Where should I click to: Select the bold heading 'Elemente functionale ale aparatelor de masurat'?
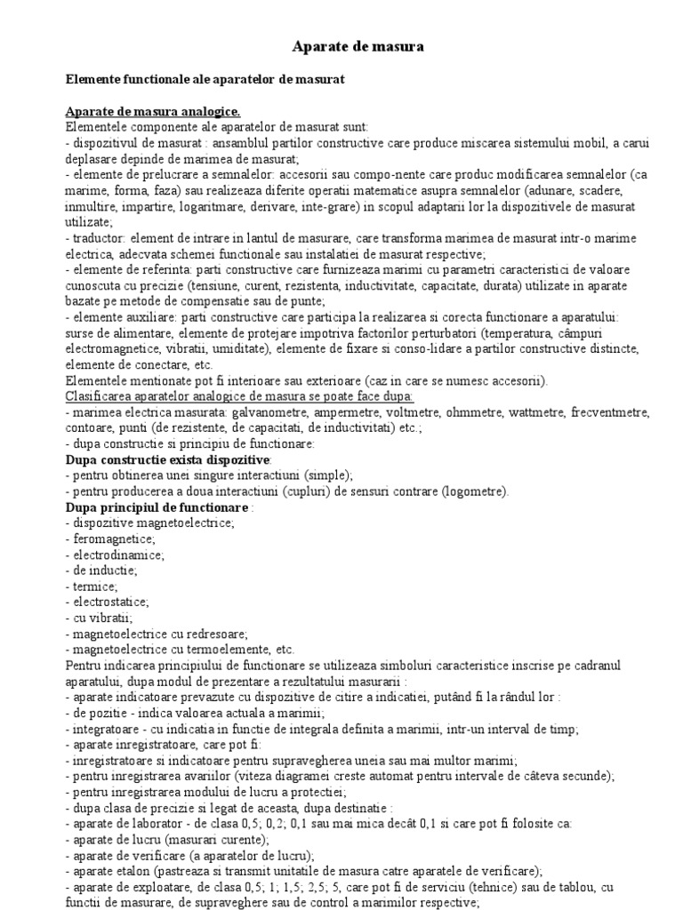point(205,79)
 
